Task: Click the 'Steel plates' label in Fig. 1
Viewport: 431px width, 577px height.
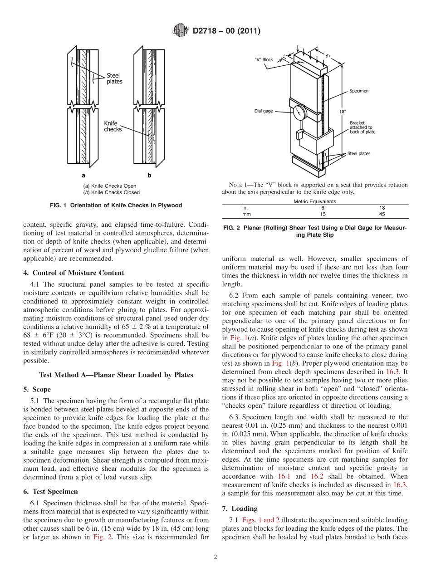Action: coord(114,78)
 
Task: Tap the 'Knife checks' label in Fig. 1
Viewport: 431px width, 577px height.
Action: coord(113,126)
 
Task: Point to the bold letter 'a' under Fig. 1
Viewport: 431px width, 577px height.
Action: coord(83,175)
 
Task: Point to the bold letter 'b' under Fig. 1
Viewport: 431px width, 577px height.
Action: coord(149,175)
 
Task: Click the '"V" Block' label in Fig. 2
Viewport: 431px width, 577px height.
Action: coord(264,59)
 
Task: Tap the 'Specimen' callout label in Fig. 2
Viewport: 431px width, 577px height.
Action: coord(358,91)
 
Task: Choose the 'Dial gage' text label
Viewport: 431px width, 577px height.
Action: coord(264,111)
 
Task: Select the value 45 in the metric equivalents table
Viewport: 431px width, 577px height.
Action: coord(382,214)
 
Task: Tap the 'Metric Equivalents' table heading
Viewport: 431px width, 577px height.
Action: coord(315,201)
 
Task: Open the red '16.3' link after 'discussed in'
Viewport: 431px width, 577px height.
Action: coord(400,485)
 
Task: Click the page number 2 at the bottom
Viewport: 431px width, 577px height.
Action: coord(215,557)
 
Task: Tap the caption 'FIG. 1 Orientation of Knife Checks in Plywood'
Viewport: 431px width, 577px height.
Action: coord(116,205)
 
